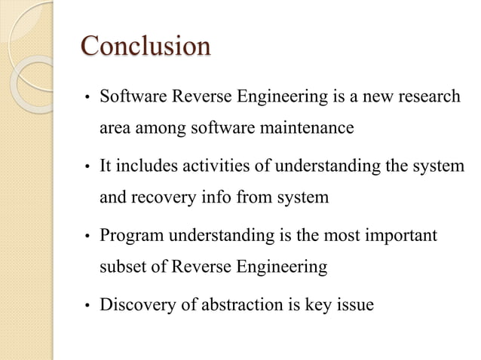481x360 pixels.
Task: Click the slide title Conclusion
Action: pos(146,46)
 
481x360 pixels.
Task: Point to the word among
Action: pos(157,129)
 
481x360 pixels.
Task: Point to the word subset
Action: pos(122,267)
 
